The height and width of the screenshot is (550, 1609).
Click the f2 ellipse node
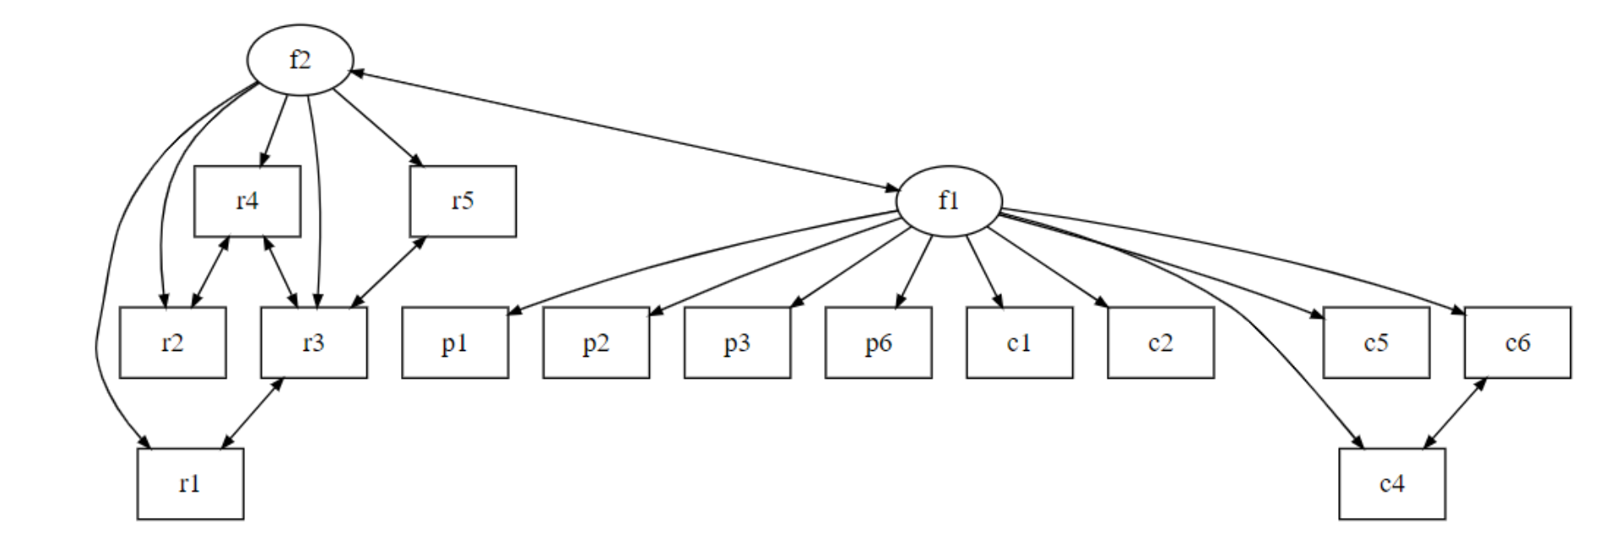point(300,60)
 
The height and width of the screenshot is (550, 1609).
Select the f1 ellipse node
point(949,201)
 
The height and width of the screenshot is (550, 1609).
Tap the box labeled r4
point(247,202)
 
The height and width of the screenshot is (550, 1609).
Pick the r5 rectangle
point(463,202)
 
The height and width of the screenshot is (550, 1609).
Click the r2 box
point(172,342)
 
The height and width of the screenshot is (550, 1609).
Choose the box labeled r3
point(313,342)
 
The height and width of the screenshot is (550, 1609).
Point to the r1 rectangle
point(190,483)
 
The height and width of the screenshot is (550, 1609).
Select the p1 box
point(455,342)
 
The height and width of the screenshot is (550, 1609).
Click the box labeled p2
point(596,342)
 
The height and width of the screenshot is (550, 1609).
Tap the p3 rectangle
point(737,342)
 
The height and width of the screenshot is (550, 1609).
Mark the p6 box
point(879,342)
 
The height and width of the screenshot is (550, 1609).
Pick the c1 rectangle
point(1020,342)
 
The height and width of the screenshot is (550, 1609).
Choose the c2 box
point(1161,342)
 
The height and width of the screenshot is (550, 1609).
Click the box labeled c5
point(1376,342)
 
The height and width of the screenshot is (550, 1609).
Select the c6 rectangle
point(1517,342)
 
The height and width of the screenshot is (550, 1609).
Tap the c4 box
point(1392,483)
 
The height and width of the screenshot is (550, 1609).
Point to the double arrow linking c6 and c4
point(1455,413)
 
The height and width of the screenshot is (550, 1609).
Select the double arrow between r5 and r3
point(387,272)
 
